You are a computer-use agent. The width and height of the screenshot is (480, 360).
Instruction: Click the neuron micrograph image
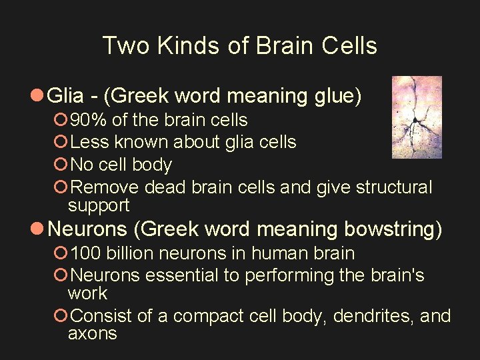[x=407, y=117]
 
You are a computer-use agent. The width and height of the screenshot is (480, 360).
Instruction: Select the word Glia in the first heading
[x=67, y=97]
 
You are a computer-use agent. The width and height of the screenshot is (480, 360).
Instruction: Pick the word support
[x=99, y=205]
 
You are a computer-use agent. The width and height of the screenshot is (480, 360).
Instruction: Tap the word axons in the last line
[x=92, y=333]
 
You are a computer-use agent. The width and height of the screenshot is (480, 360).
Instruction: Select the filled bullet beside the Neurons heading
[x=38, y=229]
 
